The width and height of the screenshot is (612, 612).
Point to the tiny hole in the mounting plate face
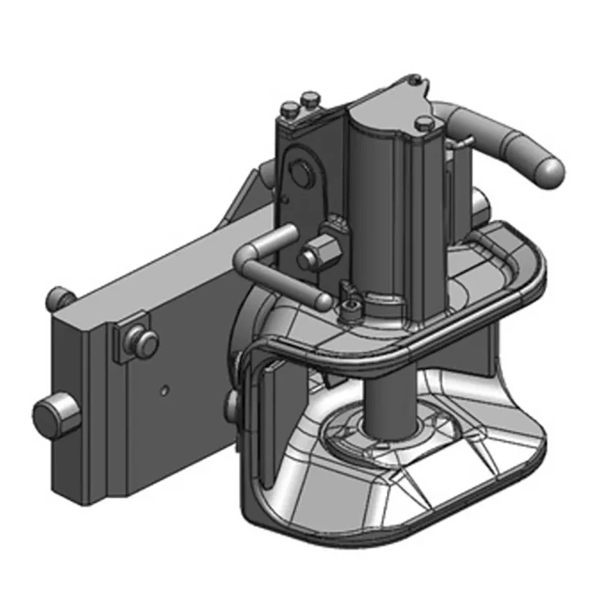(x=164, y=390)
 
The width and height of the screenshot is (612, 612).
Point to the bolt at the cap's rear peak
(x=414, y=78)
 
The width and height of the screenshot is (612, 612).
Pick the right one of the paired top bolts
(x=309, y=99)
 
